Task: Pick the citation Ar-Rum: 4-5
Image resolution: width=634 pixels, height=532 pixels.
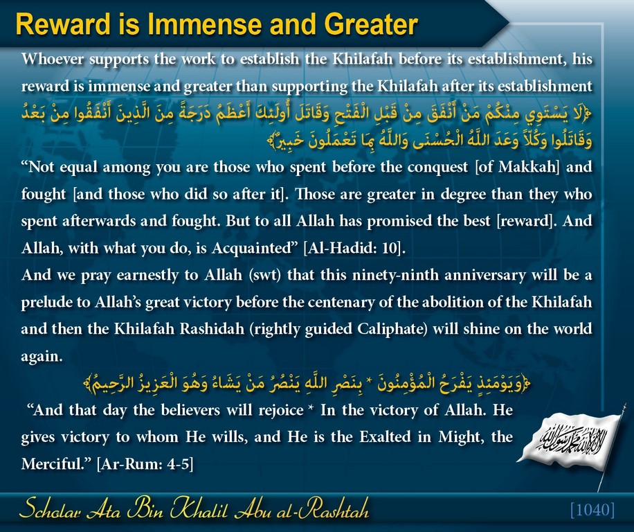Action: (145, 463)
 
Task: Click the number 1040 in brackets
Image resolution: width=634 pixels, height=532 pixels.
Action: (592, 510)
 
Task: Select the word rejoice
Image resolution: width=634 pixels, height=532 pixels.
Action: (281, 410)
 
